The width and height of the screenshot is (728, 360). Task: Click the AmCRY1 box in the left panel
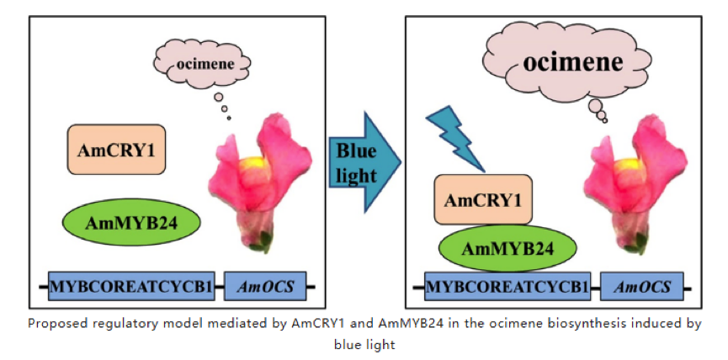(116, 151)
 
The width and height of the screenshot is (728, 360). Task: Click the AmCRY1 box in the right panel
(483, 200)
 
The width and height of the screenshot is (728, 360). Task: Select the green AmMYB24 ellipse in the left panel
(130, 223)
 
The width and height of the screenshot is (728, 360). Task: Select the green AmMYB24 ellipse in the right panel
(508, 247)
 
